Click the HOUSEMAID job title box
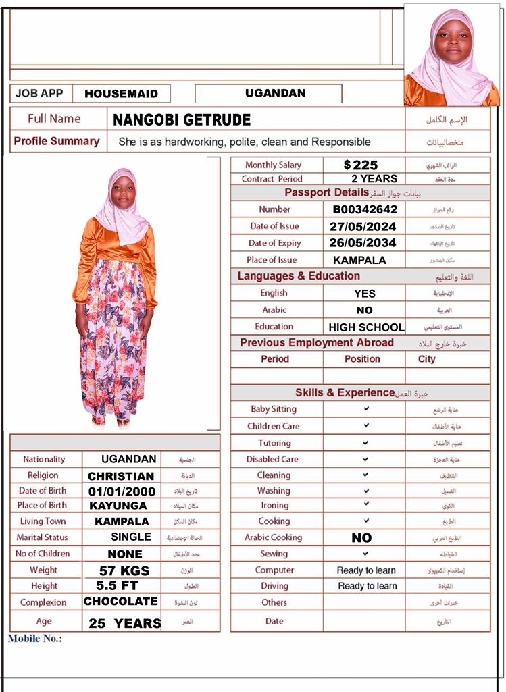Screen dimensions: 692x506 point(122,94)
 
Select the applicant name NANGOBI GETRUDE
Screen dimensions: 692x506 point(182,120)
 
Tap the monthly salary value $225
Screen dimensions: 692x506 point(361,165)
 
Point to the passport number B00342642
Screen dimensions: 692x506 point(365,209)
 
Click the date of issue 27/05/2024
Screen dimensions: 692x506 point(363,226)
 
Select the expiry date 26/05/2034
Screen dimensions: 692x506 point(363,243)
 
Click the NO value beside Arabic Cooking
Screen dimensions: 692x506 point(361,538)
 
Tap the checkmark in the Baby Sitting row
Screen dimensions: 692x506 point(366,409)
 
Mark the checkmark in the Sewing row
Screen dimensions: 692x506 point(366,554)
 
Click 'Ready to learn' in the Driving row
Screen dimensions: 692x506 point(367,586)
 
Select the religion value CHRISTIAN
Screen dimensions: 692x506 point(121,476)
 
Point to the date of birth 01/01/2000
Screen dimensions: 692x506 point(122,491)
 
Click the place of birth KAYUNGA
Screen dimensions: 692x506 point(118,506)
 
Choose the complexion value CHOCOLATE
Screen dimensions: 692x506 point(121,602)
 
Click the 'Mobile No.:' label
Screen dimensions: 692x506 point(35,639)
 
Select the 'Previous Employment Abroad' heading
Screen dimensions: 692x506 point(317,343)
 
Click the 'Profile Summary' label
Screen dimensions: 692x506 point(57,142)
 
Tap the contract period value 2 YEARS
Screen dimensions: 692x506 point(374,179)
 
